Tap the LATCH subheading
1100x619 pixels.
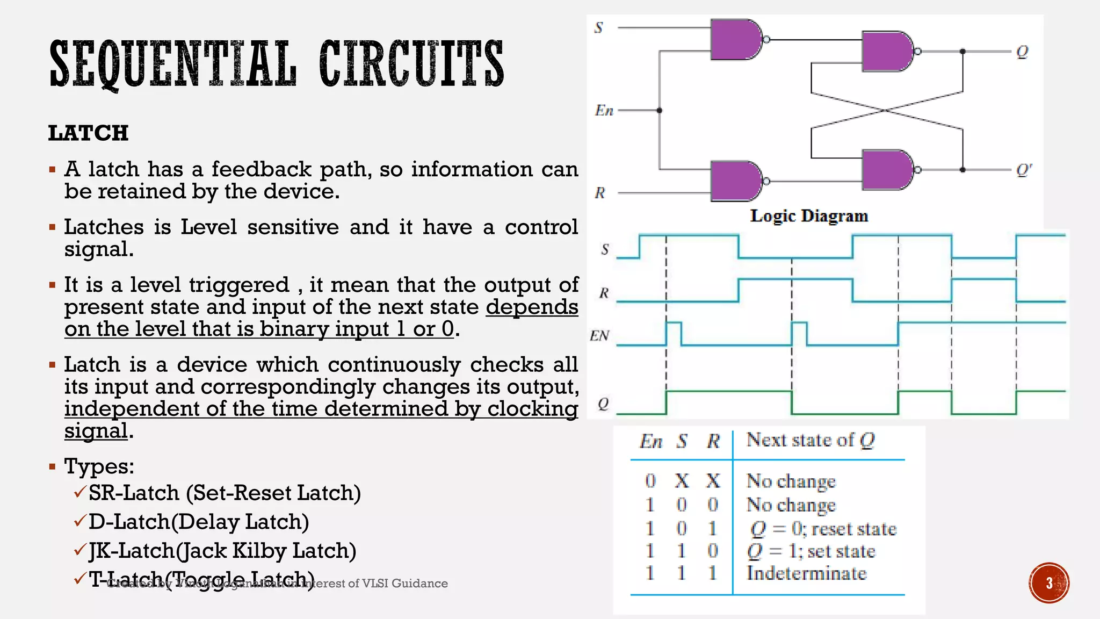click(x=88, y=133)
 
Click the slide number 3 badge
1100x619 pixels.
click(x=1048, y=583)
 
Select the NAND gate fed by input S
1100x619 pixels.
click(x=735, y=39)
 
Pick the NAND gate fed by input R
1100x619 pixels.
click(x=735, y=181)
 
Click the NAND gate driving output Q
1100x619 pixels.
click(x=887, y=52)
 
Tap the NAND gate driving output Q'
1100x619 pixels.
click(x=887, y=170)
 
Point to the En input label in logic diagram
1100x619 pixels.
click(x=604, y=111)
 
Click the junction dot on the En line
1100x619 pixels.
click(x=660, y=111)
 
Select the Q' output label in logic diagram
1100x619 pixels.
click(x=1024, y=170)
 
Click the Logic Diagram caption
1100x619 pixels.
click(x=809, y=216)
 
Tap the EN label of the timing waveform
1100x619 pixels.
click(x=599, y=336)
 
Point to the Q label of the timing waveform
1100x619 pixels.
click(x=603, y=404)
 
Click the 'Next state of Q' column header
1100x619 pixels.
click(x=810, y=440)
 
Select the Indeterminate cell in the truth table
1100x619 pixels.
click(x=806, y=573)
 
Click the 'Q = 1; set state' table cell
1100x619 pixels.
click(x=811, y=551)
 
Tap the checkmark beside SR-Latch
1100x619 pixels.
click(x=80, y=492)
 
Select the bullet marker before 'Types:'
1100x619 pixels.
click(x=52, y=466)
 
